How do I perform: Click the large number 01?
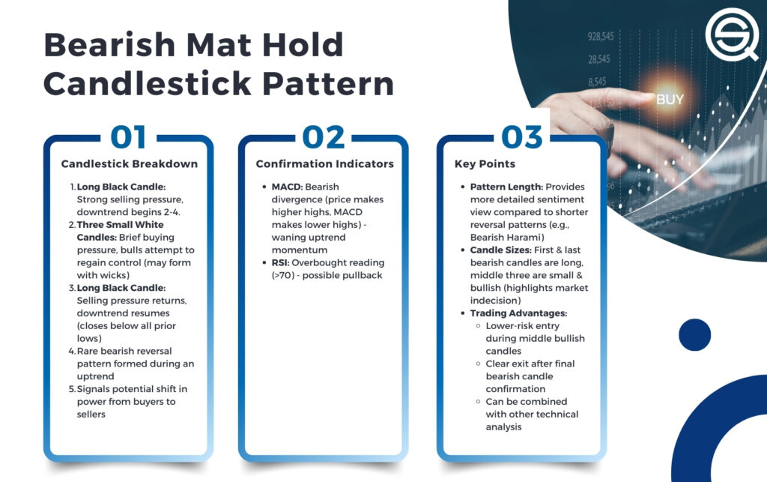[x=128, y=137]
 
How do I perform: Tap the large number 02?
[x=324, y=137]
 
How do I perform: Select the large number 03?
[x=522, y=137]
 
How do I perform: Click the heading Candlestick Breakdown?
[x=129, y=164]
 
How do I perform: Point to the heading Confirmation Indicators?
[x=325, y=164]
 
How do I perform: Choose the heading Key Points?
[x=485, y=164]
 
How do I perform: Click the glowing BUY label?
[x=670, y=100]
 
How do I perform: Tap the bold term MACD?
[x=287, y=187]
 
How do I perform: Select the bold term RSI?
[x=280, y=263]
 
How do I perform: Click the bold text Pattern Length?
[x=506, y=187]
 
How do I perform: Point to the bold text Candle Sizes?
[x=500, y=250]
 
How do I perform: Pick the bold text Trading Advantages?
[x=518, y=313]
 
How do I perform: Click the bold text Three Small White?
[x=121, y=225]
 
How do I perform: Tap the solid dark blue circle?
[x=694, y=335]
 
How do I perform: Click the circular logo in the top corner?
[x=731, y=34]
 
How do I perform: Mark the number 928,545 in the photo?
[x=600, y=37]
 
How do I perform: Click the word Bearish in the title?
[x=109, y=45]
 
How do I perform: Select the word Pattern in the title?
[x=328, y=84]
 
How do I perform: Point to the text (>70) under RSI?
[x=283, y=276]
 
